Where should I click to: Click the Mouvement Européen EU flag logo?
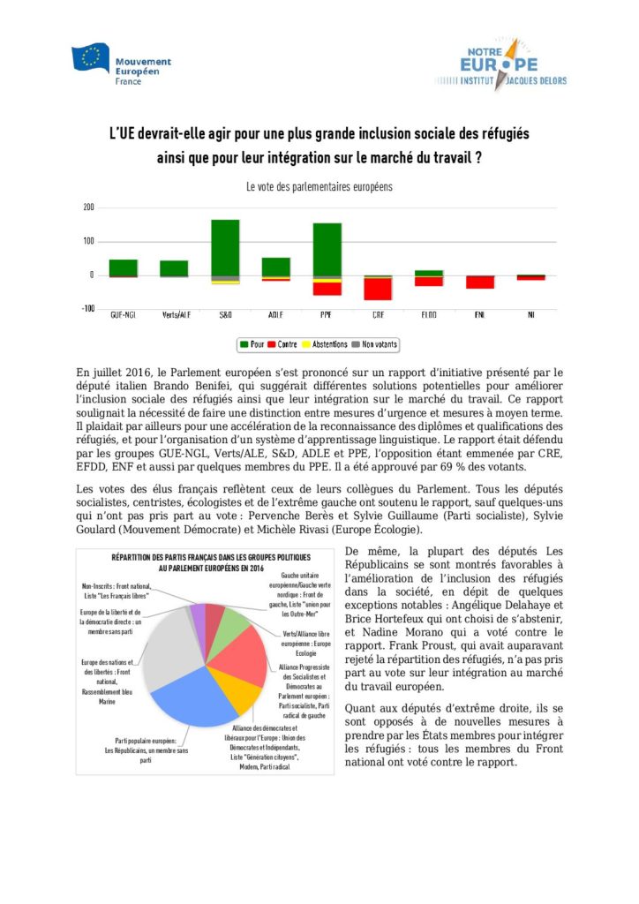pos(90,57)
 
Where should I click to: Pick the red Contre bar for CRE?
pos(378,289)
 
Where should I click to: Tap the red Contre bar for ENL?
pos(480,282)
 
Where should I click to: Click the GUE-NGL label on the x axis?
pos(123,314)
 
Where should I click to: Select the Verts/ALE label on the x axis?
pos(174,314)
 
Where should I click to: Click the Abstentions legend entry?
pos(325,343)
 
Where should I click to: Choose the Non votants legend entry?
pos(376,343)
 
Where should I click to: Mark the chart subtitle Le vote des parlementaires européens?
pos(319,187)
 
